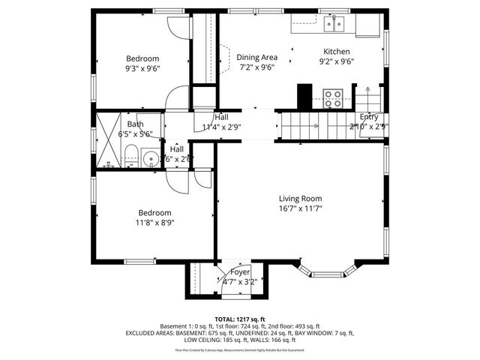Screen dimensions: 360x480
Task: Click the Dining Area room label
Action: tap(257, 57)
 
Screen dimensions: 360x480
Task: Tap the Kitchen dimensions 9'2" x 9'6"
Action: tap(336, 62)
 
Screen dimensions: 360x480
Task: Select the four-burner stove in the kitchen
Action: tap(332, 97)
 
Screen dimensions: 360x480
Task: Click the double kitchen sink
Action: tap(334, 25)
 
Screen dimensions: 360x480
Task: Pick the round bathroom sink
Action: tap(150, 158)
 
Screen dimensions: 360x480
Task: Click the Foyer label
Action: tap(239, 271)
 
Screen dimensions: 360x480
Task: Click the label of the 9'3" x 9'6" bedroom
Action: tap(142, 58)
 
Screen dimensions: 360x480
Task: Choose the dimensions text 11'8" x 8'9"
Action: tap(154, 223)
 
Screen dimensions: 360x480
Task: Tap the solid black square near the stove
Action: tap(304, 97)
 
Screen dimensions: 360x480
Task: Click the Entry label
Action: tap(369, 117)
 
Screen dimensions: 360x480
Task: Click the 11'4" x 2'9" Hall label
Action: tap(221, 118)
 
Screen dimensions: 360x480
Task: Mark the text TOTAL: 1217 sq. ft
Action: tap(240, 318)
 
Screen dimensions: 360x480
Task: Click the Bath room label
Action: tap(135, 124)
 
